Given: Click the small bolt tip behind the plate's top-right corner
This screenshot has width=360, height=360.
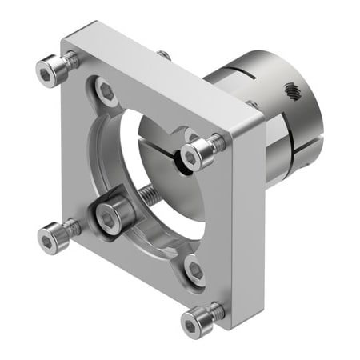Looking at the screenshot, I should pyautogui.click(x=251, y=104).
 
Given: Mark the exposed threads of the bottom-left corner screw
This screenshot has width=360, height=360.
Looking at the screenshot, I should pyautogui.click(x=70, y=228).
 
